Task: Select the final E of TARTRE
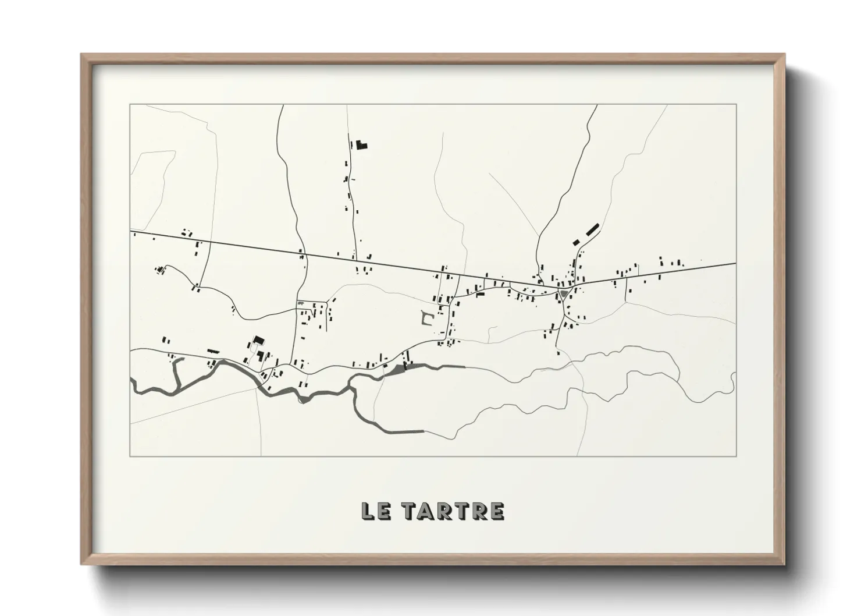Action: pyautogui.click(x=496, y=511)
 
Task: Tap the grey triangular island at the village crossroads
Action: pyautogui.click(x=563, y=294)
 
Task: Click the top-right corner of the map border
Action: pyautogui.click(x=736, y=105)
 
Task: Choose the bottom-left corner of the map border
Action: pyautogui.click(x=130, y=456)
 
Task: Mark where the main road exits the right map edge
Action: pyautogui.click(x=735, y=263)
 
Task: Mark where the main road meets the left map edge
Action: pyautogui.click(x=131, y=230)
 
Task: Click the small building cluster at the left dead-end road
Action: pyautogui.click(x=159, y=270)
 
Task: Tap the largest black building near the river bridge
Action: pyautogui.click(x=257, y=341)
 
